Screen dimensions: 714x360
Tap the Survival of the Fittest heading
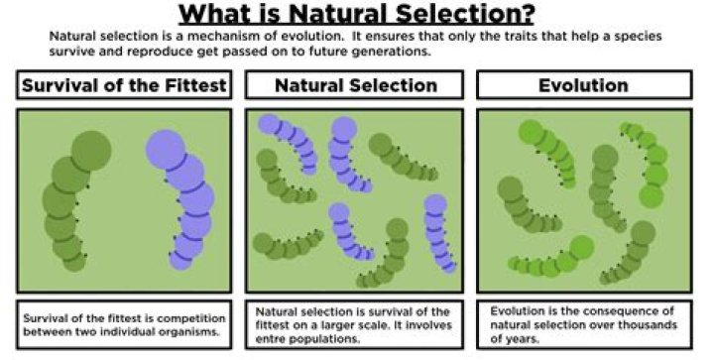[123, 86]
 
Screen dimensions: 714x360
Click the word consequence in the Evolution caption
[623, 311]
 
